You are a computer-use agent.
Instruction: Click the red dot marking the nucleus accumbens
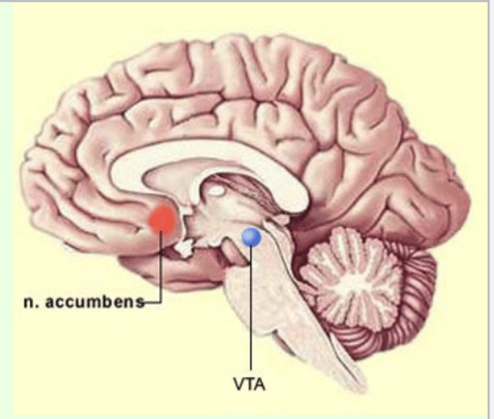pos(162,219)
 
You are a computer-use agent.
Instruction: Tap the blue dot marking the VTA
pos(251,237)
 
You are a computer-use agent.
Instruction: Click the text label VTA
pos(249,384)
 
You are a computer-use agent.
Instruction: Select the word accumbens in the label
pos(95,302)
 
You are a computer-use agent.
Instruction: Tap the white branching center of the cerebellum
pos(353,276)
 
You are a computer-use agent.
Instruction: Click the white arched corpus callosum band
pos(210,154)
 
